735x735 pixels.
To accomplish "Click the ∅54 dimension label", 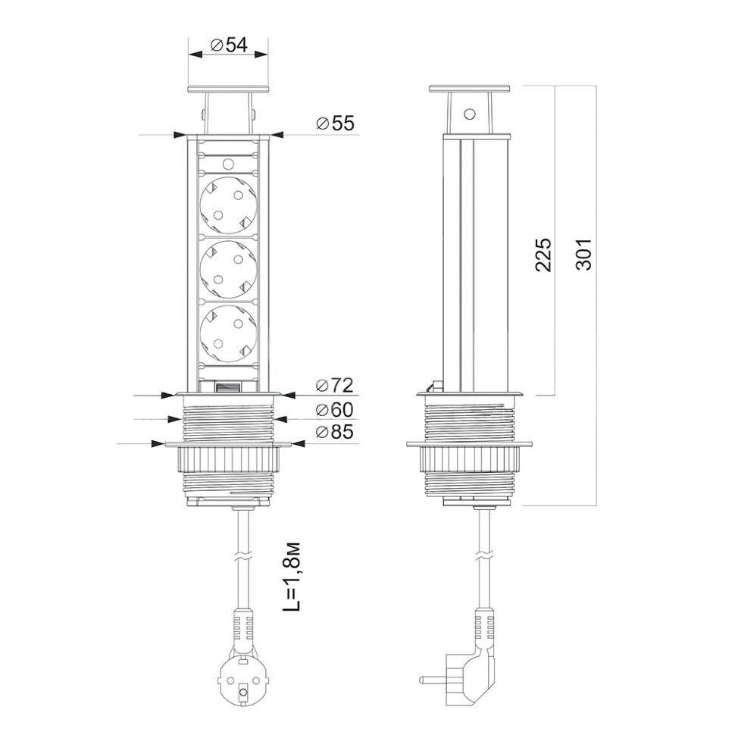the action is tap(230, 45).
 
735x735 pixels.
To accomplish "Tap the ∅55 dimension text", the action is tap(336, 124).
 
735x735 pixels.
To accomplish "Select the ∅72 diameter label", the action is tap(335, 386).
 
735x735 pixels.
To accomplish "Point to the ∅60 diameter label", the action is tap(335, 410).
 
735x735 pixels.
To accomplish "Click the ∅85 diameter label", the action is tap(335, 432).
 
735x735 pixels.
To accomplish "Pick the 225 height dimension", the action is tap(543, 255).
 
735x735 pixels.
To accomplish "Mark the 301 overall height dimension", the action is tap(583, 255).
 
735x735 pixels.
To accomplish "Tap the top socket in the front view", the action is tap(228, 205).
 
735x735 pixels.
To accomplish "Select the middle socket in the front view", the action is tap(228, 270).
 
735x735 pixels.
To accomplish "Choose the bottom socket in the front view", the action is tap(228, 333).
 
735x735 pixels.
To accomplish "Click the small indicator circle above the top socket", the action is tap(228, 164).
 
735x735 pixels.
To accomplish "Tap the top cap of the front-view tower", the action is tap(228, 89).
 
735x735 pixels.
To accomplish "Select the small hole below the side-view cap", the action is tap(469, 114).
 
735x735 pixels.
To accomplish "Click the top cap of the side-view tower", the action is tap(469, 89).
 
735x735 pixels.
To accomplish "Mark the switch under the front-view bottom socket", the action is tap(228, 387).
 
